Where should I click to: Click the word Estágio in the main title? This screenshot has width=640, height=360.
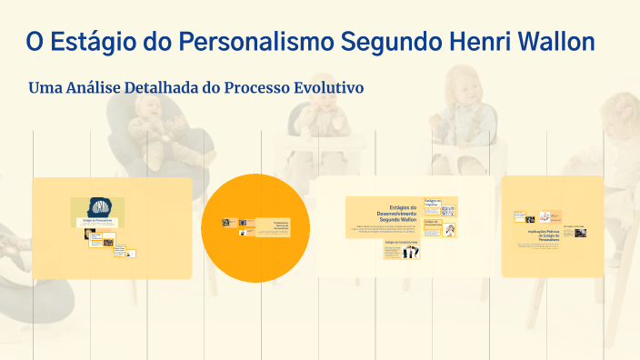click(93, 42)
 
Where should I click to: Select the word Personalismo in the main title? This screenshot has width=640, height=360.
click(256, 42)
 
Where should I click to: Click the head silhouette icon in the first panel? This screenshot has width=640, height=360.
click(97, 207)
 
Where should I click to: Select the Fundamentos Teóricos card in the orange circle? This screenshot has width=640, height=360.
click(273, 226)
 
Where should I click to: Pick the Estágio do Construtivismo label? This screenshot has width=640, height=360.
click(400, 243)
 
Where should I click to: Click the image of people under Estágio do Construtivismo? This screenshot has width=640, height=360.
click(401, 254)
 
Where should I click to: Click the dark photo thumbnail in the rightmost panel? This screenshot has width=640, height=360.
click(579, 232)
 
